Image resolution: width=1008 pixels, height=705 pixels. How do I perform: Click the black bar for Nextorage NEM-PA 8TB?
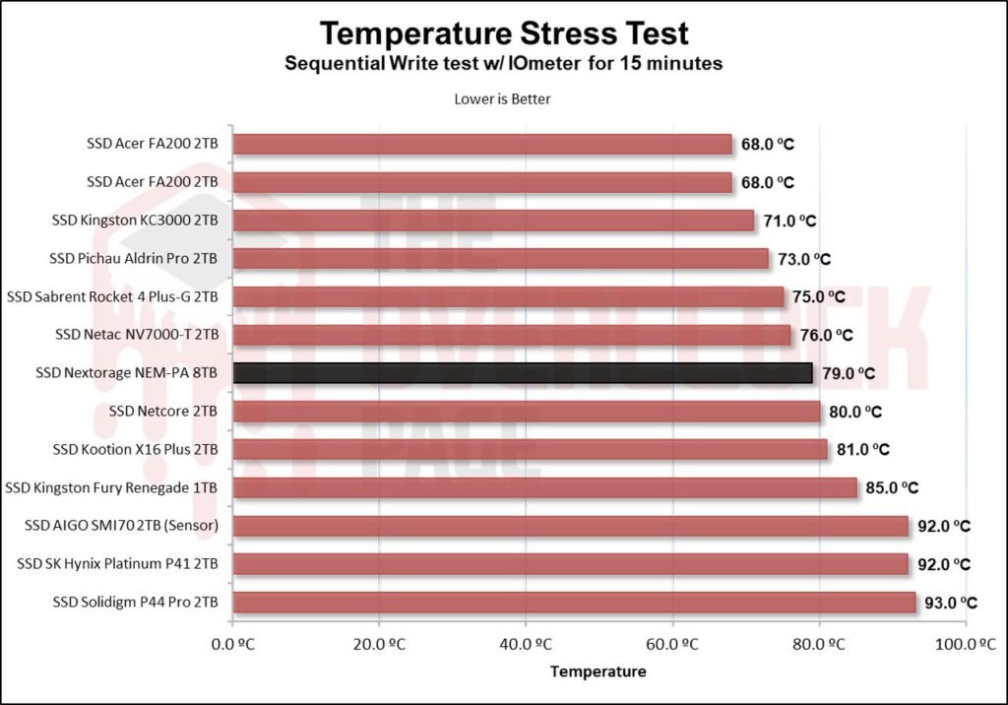pyautogui.click(x=523, y=373)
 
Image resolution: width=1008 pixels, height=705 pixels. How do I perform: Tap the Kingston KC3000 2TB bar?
pyautogui.click(x=493, y=221)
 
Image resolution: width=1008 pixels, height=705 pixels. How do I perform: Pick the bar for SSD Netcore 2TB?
pyautogui.click(x=527, y=412)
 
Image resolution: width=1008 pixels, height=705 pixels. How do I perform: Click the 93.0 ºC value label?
pyautogui.click(x=951, y=603)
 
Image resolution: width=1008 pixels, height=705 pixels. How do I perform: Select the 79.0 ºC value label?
pyautogui.click(x=848, y=373)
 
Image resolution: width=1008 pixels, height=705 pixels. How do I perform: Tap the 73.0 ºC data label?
pyautogui.click(x=803, y=259)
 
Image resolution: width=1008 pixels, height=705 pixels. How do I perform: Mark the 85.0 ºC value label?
pyautogui.click(x=891, y=487)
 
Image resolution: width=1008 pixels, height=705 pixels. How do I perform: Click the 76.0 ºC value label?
pyautogui.click(x=825, y=335)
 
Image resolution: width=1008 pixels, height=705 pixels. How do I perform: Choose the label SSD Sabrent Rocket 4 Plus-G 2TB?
pyautogui.click(x=112, y=296)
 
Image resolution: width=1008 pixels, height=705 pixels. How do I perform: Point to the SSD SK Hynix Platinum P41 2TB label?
pyautogui.click(x=117, y=564)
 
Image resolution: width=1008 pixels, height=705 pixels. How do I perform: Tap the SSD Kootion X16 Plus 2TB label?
pyautogui.click(x=136, y=450)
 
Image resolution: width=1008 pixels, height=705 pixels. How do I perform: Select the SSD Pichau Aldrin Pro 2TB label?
pyautogui.click(x=134, y=259)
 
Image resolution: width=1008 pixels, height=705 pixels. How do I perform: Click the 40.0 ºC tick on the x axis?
pyautogui.click(x=526, y=645)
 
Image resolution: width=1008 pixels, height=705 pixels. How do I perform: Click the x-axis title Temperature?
pyautogui.click(x=598, y=672)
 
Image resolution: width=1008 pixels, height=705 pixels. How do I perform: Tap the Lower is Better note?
pyautogui.click(x=503, y=98)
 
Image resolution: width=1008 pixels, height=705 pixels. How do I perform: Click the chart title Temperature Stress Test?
pyautogui.click(x=504, y=33)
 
